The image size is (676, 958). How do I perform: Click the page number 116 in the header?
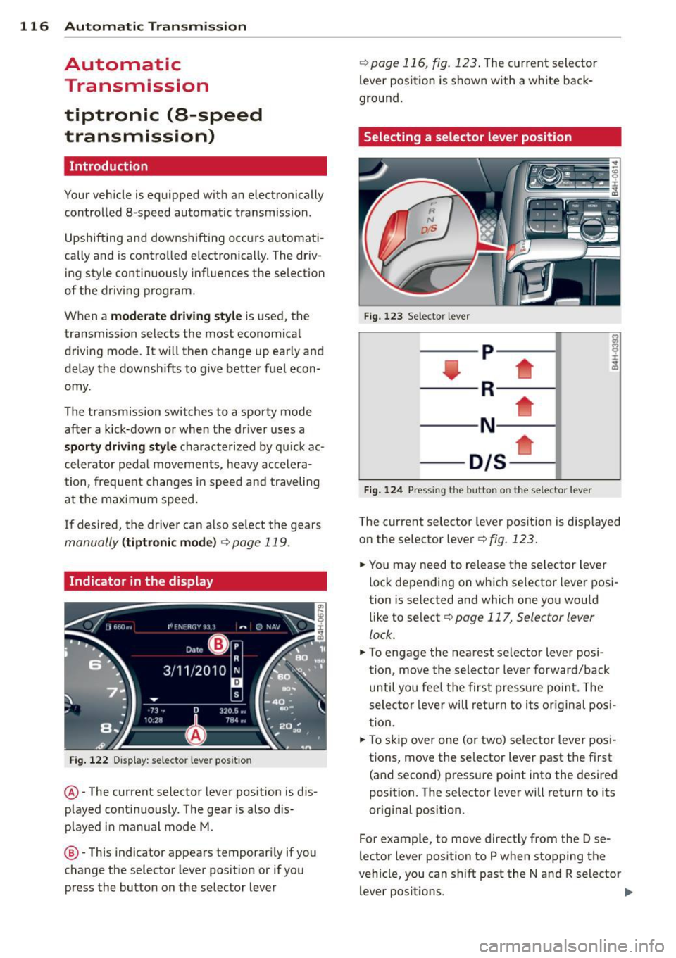click(34, 27)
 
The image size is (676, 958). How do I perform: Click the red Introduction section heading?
click(109, 167)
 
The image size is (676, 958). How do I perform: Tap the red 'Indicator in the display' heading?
click(141, 581)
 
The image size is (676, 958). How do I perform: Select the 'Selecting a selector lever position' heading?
click(468, 137)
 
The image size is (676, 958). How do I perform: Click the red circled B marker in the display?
click(219, 644)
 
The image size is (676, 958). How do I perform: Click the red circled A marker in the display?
click(196, 736)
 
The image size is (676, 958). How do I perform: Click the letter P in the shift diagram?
click(487, 352)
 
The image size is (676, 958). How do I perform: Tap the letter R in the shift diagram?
click(487, 389)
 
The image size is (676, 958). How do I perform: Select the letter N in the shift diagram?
click(487, 425)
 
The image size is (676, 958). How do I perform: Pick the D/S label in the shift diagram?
click(487, 462)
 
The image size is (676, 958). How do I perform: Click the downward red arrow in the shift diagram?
click(451, 370)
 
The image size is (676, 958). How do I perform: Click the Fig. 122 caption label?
click(89, 760)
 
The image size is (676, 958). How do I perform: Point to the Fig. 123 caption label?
click(383, 317)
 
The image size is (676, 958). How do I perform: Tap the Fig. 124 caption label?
click(383, 491)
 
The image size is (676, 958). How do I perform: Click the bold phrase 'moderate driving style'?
click(176, 316)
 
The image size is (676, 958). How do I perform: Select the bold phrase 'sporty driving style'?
click(120, 447)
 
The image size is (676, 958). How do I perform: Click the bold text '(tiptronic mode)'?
click(169, 543)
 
